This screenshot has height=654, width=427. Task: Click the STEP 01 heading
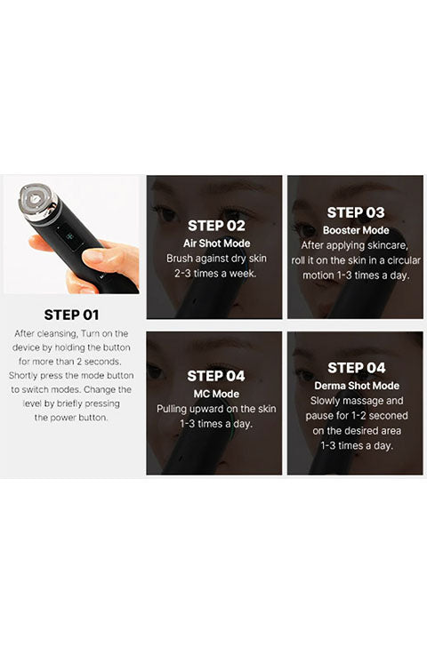click(71, 315)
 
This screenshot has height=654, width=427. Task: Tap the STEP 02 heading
click(216, 226)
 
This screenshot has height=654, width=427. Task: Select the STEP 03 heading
click(356, 212)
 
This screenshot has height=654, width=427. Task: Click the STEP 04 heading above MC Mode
click(216, 376)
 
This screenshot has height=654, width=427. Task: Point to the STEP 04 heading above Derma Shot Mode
click(357, 368)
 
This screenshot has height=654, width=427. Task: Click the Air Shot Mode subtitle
click(217, 243)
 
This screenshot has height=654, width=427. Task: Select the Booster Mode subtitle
click(356, 230)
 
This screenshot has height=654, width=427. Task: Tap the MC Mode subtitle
click(216, 394)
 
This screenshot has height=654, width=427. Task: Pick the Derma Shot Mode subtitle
click(357, 386)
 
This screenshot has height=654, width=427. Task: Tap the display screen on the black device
click(70, 238)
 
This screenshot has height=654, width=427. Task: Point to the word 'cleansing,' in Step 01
click(57, 334)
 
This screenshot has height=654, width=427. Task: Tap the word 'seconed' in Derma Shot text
click(388, 416)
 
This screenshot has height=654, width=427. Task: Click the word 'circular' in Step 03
click(404, 260)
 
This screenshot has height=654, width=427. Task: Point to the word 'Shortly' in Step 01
click(23, 376)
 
